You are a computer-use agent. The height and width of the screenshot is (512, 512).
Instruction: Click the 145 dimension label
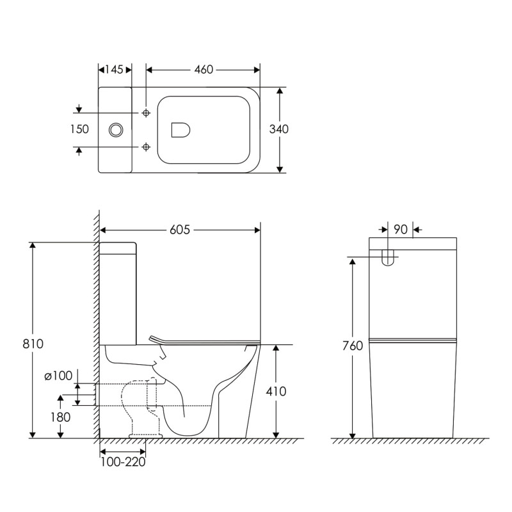click(x=115, y=70)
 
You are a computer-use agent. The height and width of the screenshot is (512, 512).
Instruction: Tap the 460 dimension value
click(x=204, y=70)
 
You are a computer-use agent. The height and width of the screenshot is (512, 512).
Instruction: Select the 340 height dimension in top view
click(x=279, y=129)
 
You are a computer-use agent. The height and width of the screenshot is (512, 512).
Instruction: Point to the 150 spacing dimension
click(x=79, y=129)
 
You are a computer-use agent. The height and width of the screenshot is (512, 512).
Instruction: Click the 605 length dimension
click(x=180, y=230)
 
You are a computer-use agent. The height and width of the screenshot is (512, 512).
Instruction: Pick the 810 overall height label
click(x=33, y=344)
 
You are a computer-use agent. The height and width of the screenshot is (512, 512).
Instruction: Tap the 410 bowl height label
click(x=276, y=391)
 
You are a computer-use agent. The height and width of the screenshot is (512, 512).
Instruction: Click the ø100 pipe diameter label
click(x=58, y=376)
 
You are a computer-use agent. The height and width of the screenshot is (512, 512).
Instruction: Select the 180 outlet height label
click(x=60, y=417)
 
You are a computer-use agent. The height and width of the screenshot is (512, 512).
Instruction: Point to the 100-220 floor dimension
click(x=123, y=462)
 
